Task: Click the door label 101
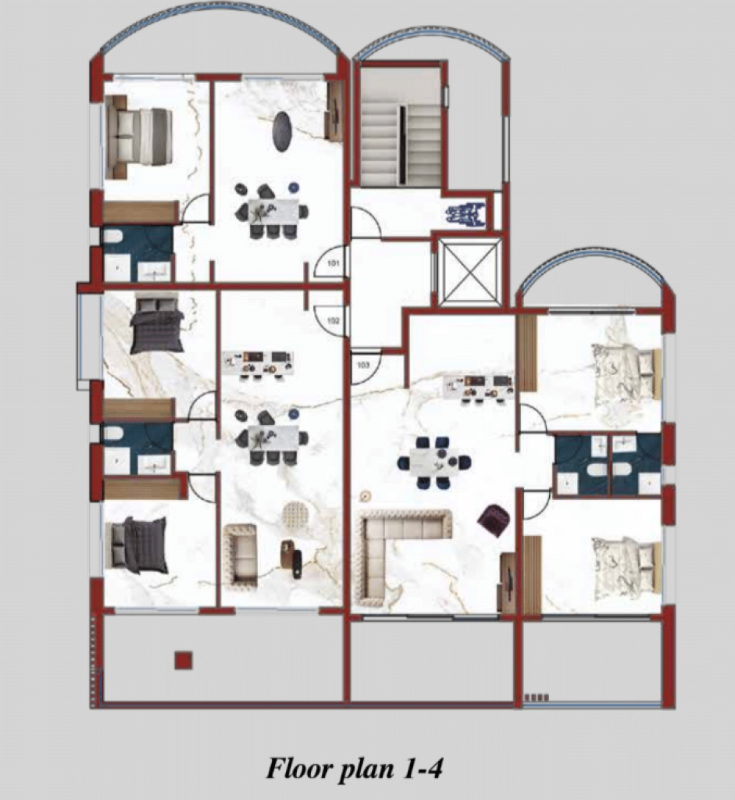point(333,264)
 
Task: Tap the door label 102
point(333,321)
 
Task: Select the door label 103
point(363,366)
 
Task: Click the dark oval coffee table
point(283,131)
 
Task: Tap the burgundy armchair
point(494,520)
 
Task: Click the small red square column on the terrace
point(184,660)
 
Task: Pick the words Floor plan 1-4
point(354,769)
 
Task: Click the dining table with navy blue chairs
point(434,462)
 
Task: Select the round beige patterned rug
point(296,516)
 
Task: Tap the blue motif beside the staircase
point(465,214)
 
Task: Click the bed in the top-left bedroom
point(138,137)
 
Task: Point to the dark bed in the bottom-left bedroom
point(140,545)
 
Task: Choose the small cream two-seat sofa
point(240,555)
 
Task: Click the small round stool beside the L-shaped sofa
point(366,495)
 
